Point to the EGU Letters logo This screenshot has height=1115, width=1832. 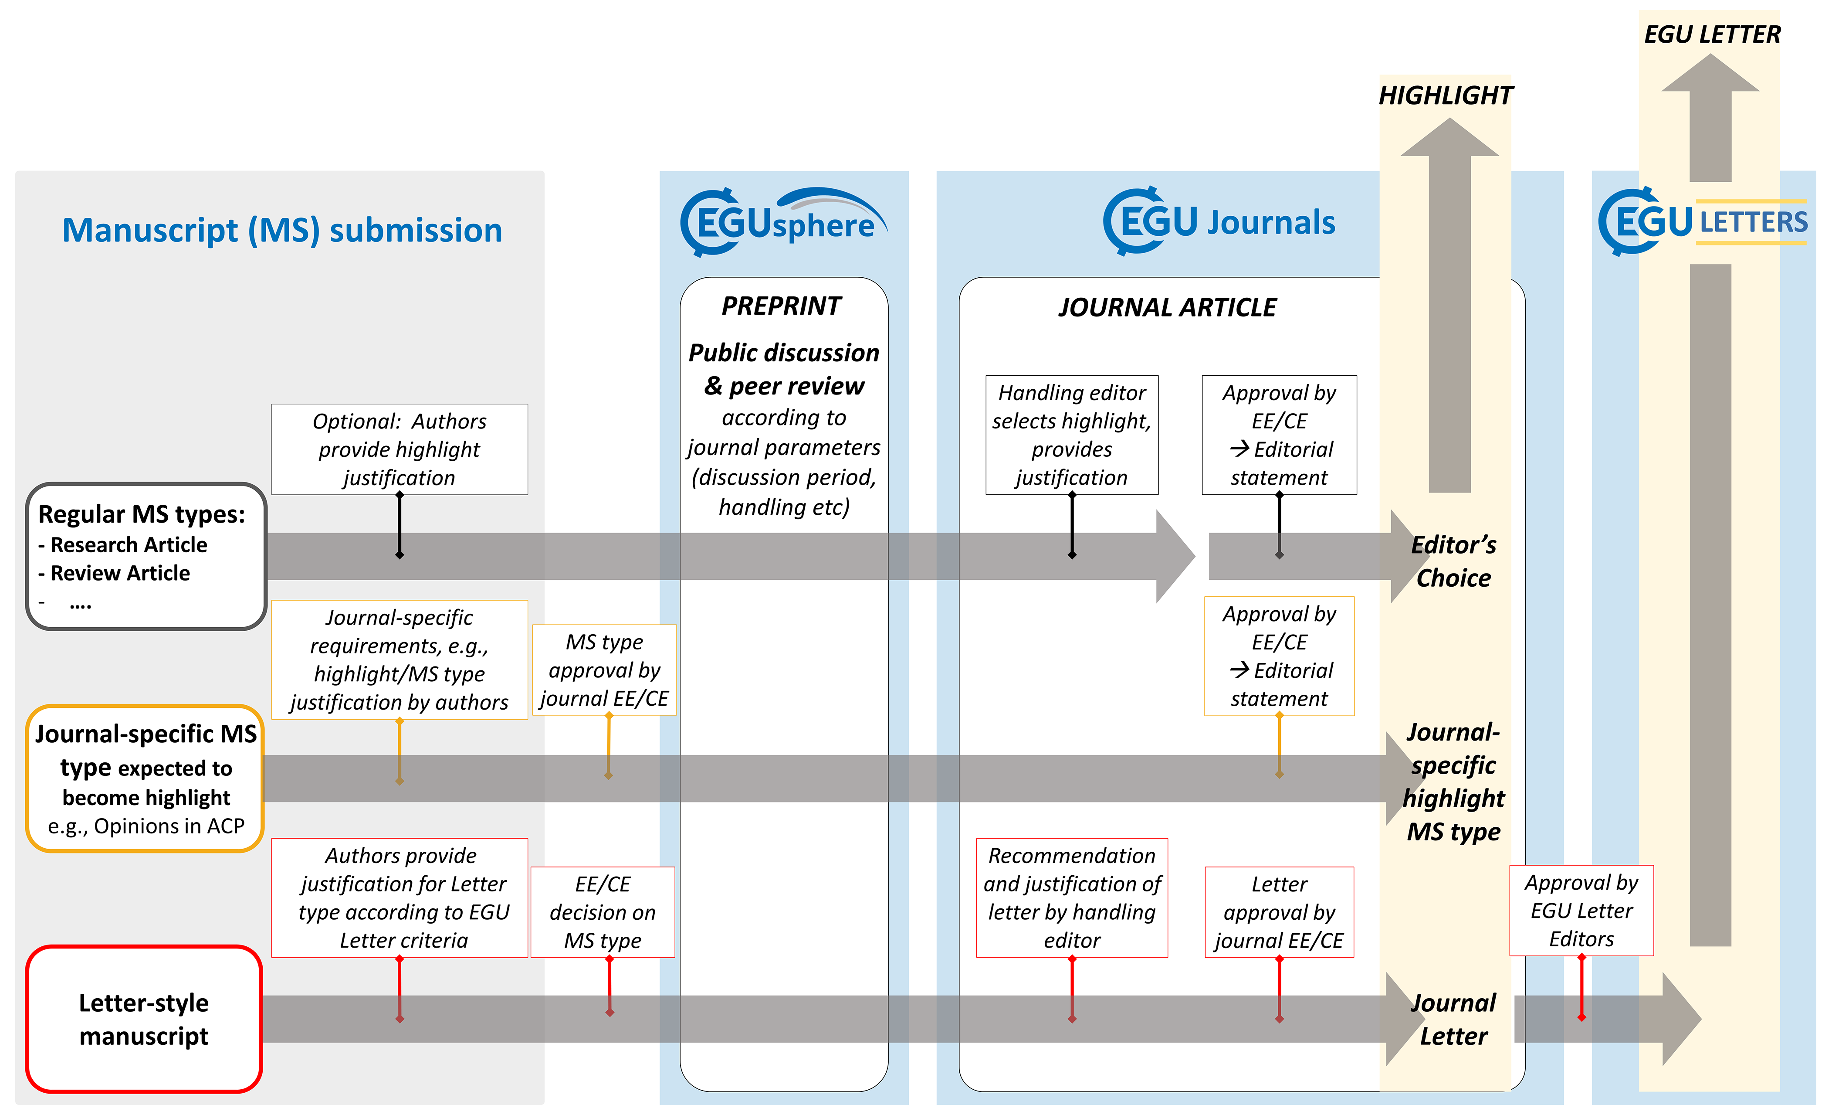point(1703,222)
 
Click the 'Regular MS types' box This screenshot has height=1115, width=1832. point(146,556)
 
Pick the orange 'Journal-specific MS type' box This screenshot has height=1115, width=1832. point(146,778)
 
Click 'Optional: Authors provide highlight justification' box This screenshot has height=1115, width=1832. point(399,449)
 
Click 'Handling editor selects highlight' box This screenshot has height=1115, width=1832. point(1071,435)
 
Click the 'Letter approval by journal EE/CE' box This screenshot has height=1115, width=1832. point(1279,912)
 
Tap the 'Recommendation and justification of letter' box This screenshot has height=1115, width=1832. point(1071,898)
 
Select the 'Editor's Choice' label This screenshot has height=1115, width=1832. point(1453,561)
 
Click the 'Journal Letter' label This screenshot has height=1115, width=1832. point(1453,1019)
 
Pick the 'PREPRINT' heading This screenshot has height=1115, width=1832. point(782,306)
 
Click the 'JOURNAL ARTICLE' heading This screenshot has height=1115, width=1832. point(1167,307)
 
